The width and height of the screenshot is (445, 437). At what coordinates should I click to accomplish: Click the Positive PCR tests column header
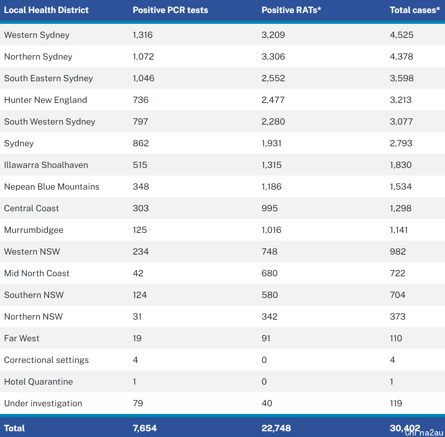170,10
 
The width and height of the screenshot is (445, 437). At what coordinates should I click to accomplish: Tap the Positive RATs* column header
291,10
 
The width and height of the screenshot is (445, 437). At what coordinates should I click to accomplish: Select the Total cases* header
415,10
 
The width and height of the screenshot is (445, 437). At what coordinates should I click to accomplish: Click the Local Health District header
46,10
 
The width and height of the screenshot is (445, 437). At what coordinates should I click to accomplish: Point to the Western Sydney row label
37,35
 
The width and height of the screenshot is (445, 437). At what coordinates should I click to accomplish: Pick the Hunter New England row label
46,100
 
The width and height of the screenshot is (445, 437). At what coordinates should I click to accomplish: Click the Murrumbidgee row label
34,230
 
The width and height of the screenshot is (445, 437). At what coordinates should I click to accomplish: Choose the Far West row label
22,338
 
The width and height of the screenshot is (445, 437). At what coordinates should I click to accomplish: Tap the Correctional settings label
46,360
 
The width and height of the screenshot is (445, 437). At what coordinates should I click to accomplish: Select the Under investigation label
43,403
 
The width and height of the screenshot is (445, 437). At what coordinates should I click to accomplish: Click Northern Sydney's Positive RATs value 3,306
273,57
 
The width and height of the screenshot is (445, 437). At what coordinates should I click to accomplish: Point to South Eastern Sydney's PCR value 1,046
143,78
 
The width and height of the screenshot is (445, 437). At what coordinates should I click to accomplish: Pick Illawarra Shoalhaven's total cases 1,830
400,165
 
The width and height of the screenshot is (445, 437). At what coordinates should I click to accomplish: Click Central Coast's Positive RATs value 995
270,208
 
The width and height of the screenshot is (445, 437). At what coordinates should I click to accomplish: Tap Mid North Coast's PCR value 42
138,273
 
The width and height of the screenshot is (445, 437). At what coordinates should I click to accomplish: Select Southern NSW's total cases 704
398,295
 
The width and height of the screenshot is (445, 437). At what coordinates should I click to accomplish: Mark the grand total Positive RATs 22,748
276,428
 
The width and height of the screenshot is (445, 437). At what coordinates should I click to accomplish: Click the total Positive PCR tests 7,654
145,428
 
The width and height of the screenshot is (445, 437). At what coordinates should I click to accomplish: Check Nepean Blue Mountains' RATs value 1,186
271,187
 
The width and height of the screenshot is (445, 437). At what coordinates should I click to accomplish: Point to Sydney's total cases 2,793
401,143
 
